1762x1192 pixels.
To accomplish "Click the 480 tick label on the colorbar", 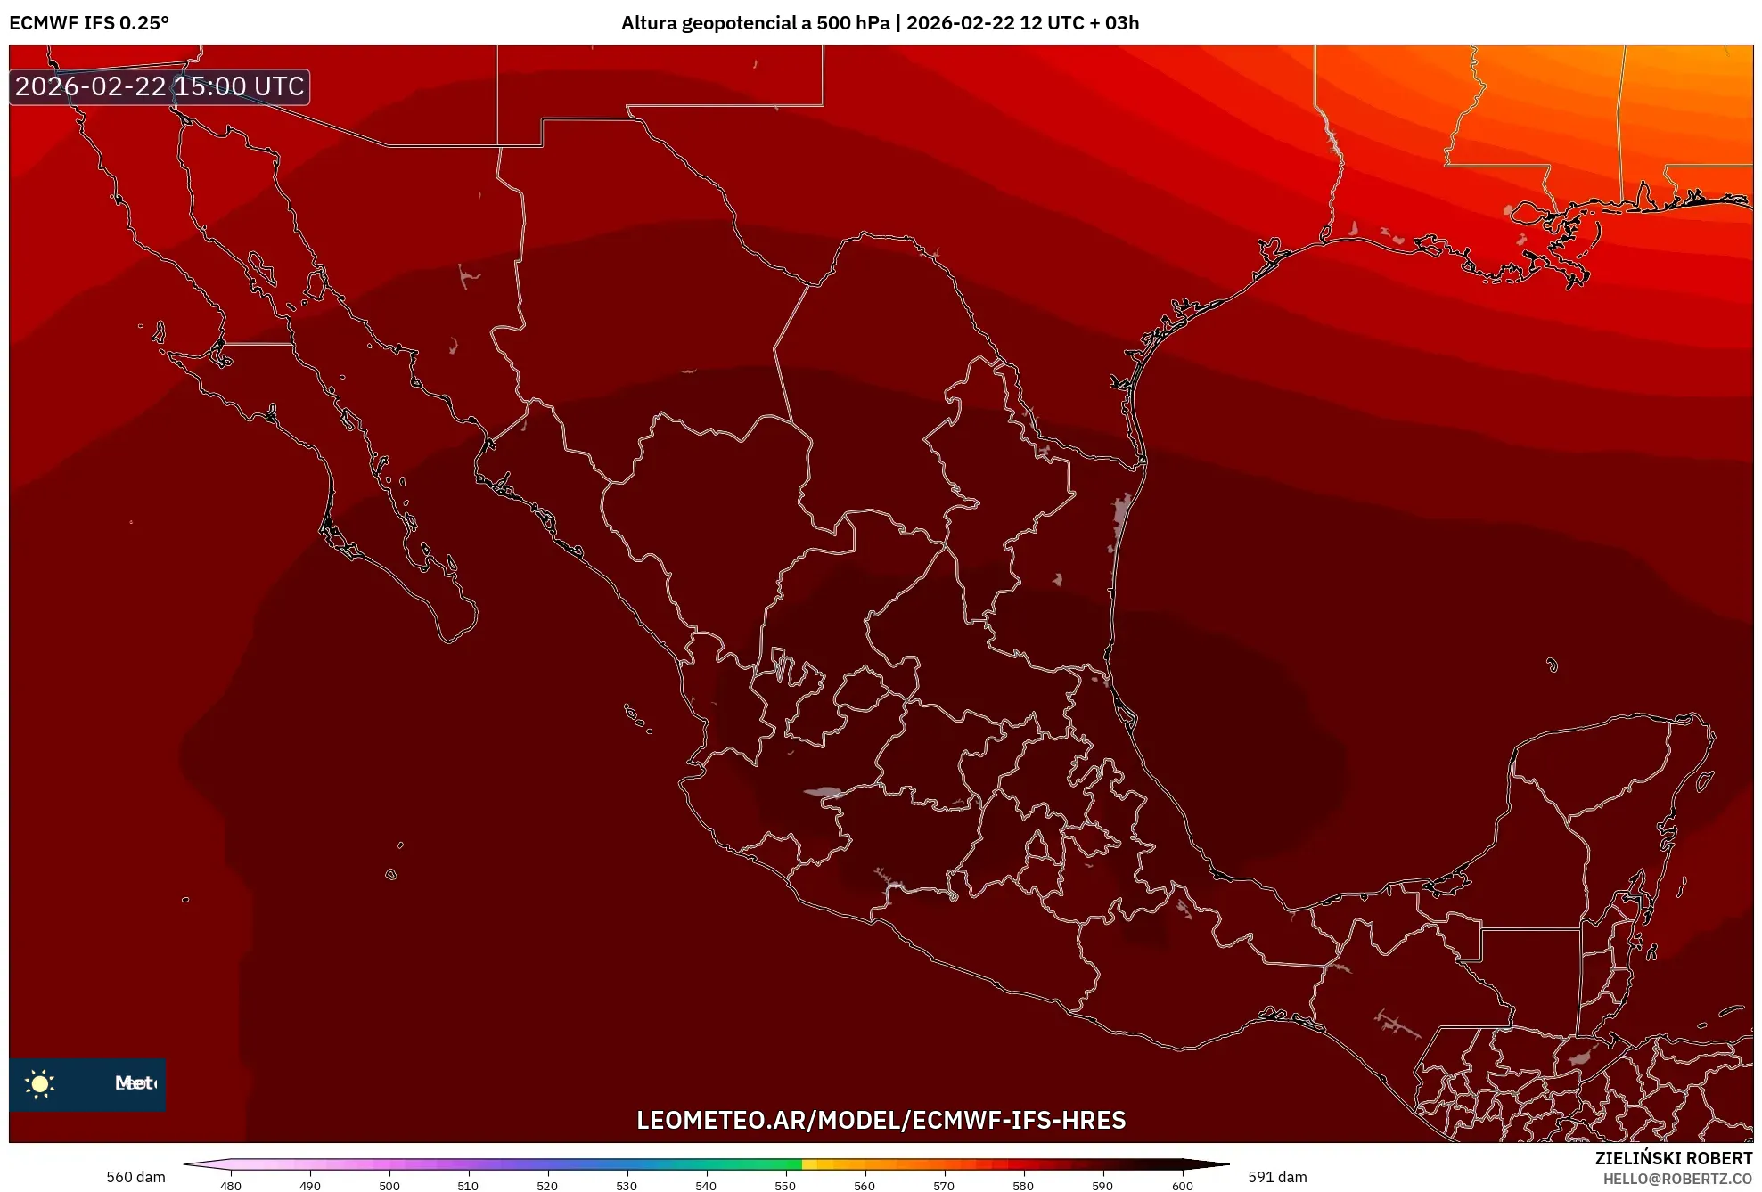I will point(230,1186).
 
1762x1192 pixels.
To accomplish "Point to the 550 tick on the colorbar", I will point(785,1186).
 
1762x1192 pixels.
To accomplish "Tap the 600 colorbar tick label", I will point(1182,1186).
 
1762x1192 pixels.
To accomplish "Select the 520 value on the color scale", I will point(547,1186).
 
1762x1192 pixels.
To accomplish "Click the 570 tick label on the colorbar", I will point(944,1186).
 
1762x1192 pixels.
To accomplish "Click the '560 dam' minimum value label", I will point(135,1177).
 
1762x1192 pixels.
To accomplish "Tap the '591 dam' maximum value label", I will point(1277,1177).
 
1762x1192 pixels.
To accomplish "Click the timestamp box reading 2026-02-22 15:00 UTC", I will point(160,86).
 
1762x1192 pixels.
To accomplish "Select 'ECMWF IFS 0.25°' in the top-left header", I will point(89,23).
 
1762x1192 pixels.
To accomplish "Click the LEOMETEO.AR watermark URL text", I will point(881,1120).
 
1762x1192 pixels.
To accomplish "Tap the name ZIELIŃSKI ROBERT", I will point(1673,1158).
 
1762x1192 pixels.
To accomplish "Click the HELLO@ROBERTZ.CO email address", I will point(1677,1179).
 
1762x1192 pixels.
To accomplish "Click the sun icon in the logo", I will point(40,1083).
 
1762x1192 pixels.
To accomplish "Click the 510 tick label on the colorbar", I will point(468,1186).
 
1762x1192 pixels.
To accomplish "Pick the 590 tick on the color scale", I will point(1102,1186).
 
